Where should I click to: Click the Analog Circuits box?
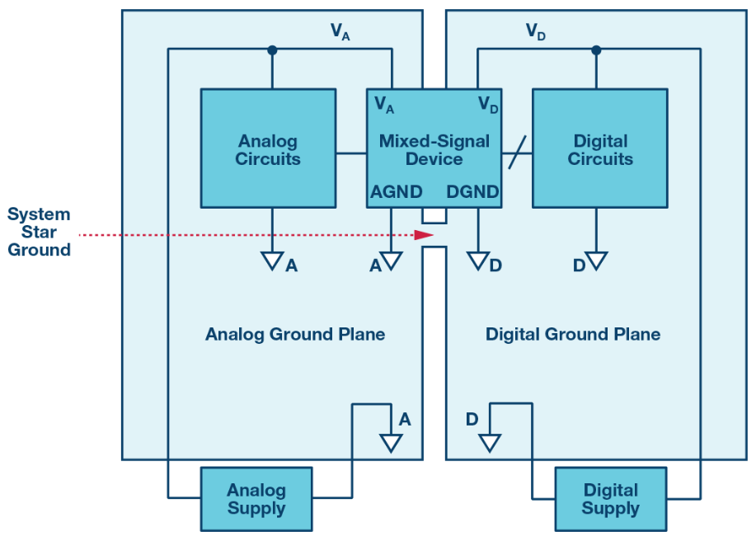(268, 148)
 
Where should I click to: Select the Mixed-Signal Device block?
(434, 148)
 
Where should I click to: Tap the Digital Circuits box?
(600, 148)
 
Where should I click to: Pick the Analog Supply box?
(256, 499)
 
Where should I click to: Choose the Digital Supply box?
(611, 499)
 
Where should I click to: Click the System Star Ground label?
(39, 232)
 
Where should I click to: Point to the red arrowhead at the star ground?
(425, 235)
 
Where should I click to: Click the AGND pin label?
(397, 192)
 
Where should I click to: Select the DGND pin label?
(472, 192)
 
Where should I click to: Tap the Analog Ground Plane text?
(295, 334)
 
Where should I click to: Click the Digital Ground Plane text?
(573, 334)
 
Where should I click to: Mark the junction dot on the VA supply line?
(272, 49)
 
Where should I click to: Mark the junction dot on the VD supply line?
(596, 49)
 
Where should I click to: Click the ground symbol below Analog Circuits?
(272, 261)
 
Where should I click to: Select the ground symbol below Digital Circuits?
(596, 261)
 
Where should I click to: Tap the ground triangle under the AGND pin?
(391, 261)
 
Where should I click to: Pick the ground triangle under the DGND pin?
(478, 261)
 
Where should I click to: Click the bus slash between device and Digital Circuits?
(518, 153)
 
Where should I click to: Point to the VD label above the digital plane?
(536, 32)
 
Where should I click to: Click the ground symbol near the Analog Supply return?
(391, 443)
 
